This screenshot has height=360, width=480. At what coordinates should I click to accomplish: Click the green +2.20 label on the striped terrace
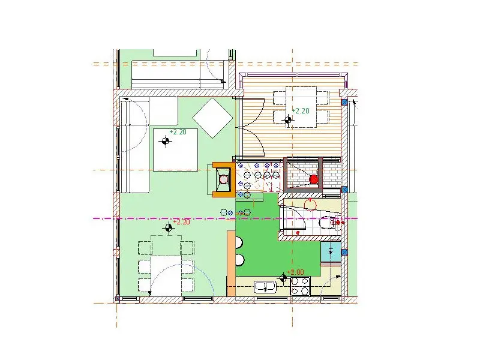coord(301,111)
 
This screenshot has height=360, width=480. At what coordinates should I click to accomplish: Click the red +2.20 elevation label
coord(182,222)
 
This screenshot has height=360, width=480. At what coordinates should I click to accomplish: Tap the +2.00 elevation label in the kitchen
coord(296,272)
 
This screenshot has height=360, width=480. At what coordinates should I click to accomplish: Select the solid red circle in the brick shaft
coord(313,179)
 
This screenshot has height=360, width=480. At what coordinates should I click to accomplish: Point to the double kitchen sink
coord(265,287)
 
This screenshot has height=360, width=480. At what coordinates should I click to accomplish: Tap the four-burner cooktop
coord(300,286)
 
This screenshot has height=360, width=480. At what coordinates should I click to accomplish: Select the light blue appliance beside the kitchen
coord(331,251)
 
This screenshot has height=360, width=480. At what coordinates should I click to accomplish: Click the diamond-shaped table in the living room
coord(213,118)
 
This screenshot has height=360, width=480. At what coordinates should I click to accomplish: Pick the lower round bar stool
coord(239,260)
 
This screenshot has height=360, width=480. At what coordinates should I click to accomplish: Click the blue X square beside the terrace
coord(344,102)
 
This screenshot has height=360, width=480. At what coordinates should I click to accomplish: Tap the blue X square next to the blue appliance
coord(344,252)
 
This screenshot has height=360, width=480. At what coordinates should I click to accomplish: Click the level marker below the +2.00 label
coord(283,278)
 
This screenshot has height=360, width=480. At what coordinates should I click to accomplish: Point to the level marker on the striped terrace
coord(288,120)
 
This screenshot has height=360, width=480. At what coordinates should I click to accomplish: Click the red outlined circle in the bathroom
coord(310,205)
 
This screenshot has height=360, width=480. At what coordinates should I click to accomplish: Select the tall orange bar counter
coord(231,263)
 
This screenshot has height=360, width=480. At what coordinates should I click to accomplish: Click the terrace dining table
coord(301,107)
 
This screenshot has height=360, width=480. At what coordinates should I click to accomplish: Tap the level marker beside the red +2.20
coord(169,228)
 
